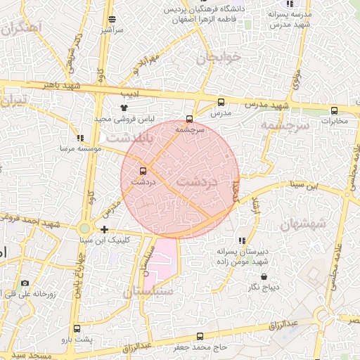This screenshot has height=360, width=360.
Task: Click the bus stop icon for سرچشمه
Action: pos(188,118)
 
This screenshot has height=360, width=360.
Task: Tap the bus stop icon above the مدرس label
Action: pos(221,102)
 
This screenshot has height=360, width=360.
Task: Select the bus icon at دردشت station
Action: pos(143,171)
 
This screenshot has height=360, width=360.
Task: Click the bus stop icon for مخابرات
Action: pos(334,110)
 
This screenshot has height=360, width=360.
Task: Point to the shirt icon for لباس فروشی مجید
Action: pos(124,108)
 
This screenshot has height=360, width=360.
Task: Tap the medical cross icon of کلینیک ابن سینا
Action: pos(105,229)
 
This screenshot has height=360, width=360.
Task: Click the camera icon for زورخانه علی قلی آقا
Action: pos(25,283)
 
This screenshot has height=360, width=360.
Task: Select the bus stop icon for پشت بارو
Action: pos(77,328)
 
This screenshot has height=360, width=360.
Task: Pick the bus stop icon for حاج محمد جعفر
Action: pos(200,336)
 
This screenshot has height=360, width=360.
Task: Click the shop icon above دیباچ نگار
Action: pos(264,276)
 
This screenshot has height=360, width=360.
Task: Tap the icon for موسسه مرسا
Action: pos(81,139)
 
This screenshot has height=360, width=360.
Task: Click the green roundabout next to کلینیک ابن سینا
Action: pos(85,228)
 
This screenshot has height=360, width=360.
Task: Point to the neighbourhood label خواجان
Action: pos(219,56)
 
